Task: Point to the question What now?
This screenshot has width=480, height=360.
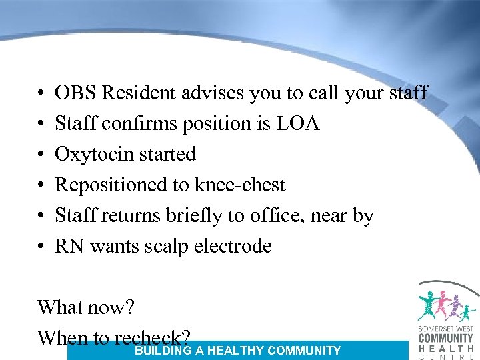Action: pos(86,307)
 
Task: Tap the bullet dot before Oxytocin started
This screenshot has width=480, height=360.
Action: pos(41,155)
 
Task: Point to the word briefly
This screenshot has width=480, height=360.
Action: pos(196,216)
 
